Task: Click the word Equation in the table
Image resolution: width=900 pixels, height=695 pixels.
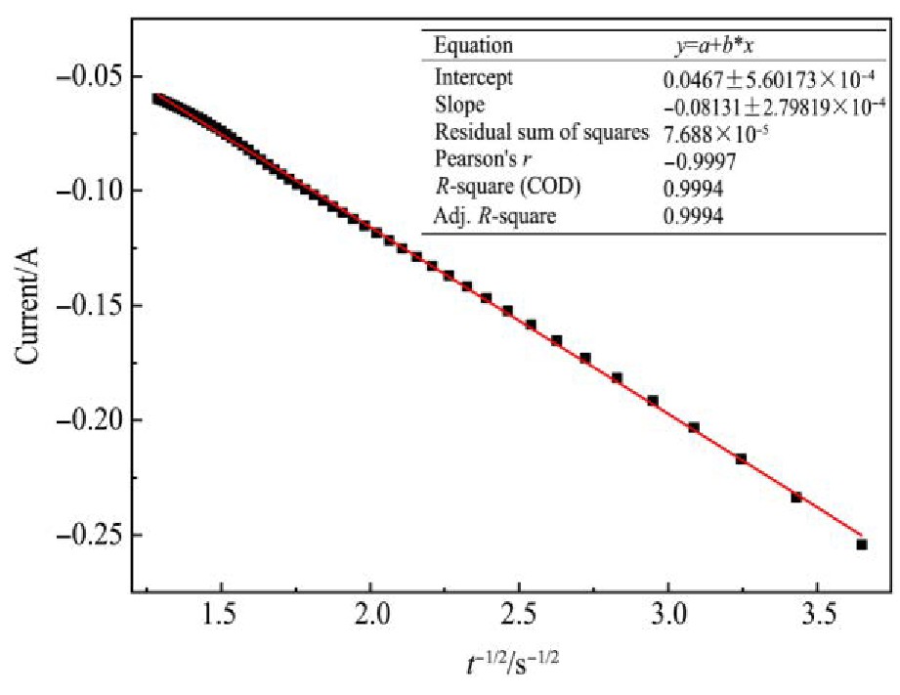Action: [473, 46]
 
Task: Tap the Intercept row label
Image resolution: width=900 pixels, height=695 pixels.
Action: [474, 76]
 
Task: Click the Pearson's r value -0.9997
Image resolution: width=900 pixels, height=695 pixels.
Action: [693, 161]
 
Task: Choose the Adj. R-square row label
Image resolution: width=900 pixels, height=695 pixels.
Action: [494, 217]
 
